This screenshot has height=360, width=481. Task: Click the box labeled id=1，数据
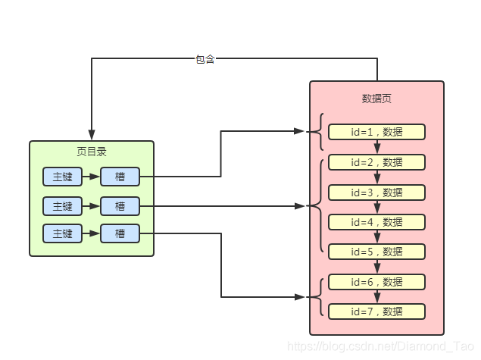click(376, 132)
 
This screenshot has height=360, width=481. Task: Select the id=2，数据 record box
click(376, 162)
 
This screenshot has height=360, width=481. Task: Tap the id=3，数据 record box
click(376, 193)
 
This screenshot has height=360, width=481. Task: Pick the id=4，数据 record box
click(376, 222)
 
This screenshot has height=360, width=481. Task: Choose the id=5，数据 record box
click(376, 252)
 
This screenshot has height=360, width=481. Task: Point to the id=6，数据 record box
click(376, 282)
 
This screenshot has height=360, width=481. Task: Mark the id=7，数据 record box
click(376, 311)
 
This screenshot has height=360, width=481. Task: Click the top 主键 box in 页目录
click(62, 177)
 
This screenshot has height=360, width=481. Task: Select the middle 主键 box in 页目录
click(62, 205)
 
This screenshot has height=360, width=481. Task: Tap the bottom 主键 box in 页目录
click(62, 233)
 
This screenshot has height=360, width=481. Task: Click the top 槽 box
click(120, 177)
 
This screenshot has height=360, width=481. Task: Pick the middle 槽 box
click(120, 205)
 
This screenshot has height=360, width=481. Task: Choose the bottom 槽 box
click(120, 233)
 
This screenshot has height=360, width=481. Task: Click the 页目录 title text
click(92, 152)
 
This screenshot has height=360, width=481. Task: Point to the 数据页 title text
click(376, 99)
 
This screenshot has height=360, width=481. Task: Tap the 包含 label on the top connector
click(205, 59)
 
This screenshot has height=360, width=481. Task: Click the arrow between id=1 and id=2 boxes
click(376, 147)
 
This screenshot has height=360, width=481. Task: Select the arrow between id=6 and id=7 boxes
click(376, 297)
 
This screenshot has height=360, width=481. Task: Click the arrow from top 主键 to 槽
click(91, 177)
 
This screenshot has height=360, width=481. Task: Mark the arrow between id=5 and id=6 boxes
click(376, 267)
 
